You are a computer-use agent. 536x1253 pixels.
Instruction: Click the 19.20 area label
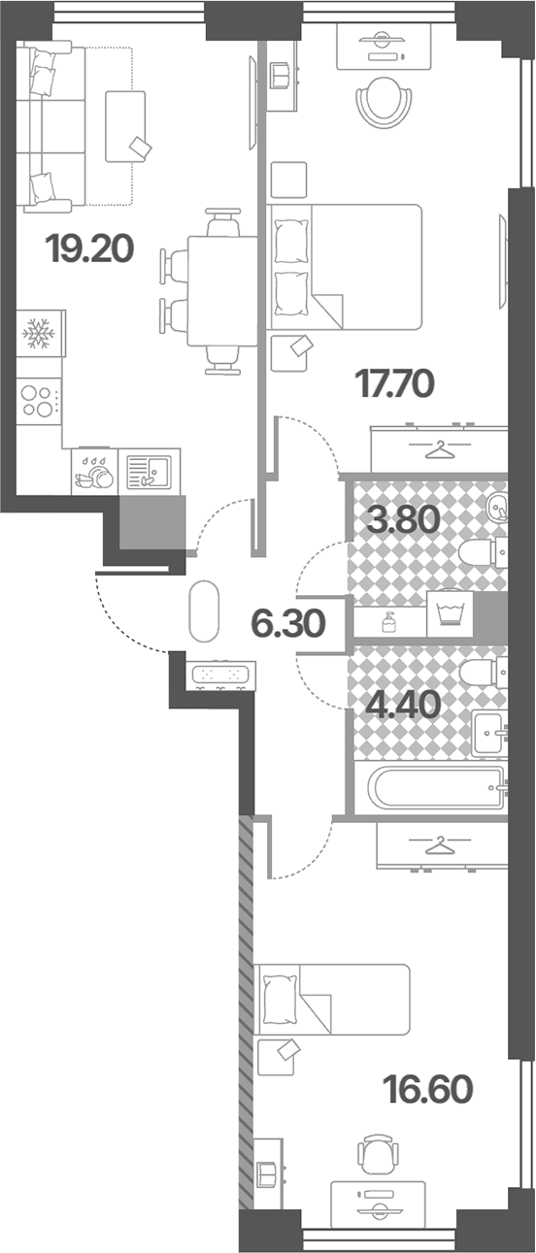point(91,248)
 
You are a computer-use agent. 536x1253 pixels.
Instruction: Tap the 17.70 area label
point(394,383)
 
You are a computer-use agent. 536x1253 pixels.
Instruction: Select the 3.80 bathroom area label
point(403,519)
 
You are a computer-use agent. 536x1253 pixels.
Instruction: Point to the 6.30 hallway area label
point(288,623)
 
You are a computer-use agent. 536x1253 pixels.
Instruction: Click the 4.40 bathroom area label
point(402,705)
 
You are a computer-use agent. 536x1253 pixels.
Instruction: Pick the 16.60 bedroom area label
point(428,1089)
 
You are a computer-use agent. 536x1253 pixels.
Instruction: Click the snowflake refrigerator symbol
point(38,333)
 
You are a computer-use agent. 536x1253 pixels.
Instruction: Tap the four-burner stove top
point(39,401)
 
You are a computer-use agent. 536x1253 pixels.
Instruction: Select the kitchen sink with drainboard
point(149,471)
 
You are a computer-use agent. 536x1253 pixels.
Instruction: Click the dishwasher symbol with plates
point(94,471)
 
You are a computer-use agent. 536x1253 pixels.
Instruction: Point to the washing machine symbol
point(450,613)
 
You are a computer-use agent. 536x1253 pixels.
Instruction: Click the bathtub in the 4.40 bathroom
point(435,787)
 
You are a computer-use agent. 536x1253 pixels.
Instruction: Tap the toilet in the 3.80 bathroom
point(483,552)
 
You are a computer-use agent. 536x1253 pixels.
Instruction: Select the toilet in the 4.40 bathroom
point(483,673)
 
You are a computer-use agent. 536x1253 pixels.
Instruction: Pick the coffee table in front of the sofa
point(125,127)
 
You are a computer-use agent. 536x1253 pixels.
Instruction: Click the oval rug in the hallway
point(203,610)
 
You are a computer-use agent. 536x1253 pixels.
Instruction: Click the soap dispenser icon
point(389,622)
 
